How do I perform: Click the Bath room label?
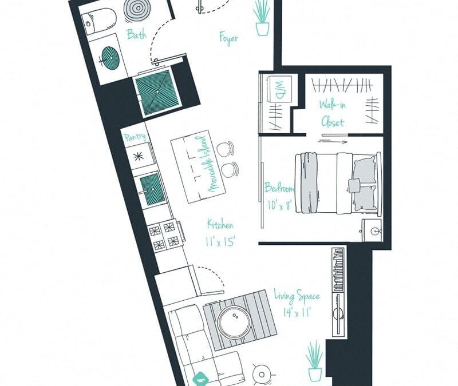click(x=136, y=34)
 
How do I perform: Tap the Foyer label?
click(x=228, y=38)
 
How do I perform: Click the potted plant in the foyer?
click(x=262, y=18)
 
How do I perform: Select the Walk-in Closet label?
click(x=332, y=113)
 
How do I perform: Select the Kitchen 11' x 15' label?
click(x=220, y=233)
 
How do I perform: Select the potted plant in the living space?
click(x=314, y=360)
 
